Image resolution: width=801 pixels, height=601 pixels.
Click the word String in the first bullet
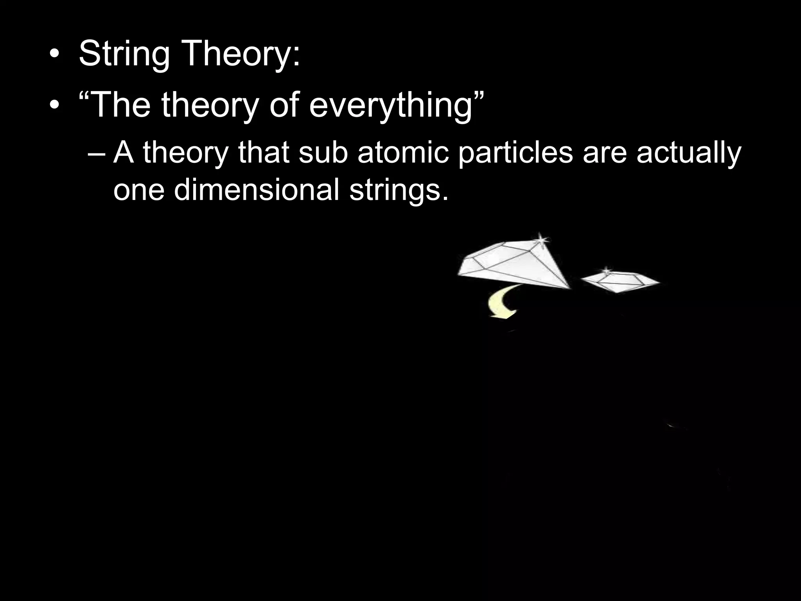point(124,54)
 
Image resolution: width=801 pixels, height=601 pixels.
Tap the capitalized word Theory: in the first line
point(241,54)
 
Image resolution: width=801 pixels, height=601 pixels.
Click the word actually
point(688,153)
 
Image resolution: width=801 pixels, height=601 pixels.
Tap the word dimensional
point(256,189)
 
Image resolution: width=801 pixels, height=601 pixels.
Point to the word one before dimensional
point(138,190)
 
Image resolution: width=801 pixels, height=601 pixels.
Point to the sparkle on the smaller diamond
point(606,270)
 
